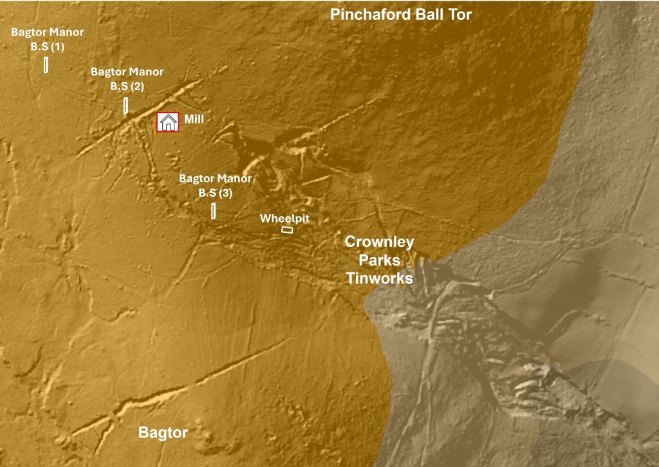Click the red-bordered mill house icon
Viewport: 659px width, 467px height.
point(168,122)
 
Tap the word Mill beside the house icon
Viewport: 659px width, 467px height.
point(194,120)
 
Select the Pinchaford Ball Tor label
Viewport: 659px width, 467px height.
point(401,15)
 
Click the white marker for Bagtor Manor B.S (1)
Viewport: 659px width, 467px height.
point(46,65)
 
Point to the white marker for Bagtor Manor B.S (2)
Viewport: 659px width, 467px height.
point(126,105)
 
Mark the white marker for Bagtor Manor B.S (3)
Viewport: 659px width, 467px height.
point(213,210)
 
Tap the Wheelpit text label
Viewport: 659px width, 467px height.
point(284,219)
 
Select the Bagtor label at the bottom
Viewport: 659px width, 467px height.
point(163,433)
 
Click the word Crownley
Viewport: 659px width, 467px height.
point(379,243)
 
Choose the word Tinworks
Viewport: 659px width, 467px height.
point(379,279)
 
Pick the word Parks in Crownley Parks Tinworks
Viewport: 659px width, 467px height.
point(379,261)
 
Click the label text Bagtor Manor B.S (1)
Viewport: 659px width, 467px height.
point(47,39)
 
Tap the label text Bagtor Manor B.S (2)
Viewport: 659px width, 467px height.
point(127,79)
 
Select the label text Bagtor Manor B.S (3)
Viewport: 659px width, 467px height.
point(215,185)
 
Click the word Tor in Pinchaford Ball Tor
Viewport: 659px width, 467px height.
point(459,15)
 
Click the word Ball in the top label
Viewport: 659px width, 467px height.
point(428,15)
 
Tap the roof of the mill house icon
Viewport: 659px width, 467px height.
point(168,116)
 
